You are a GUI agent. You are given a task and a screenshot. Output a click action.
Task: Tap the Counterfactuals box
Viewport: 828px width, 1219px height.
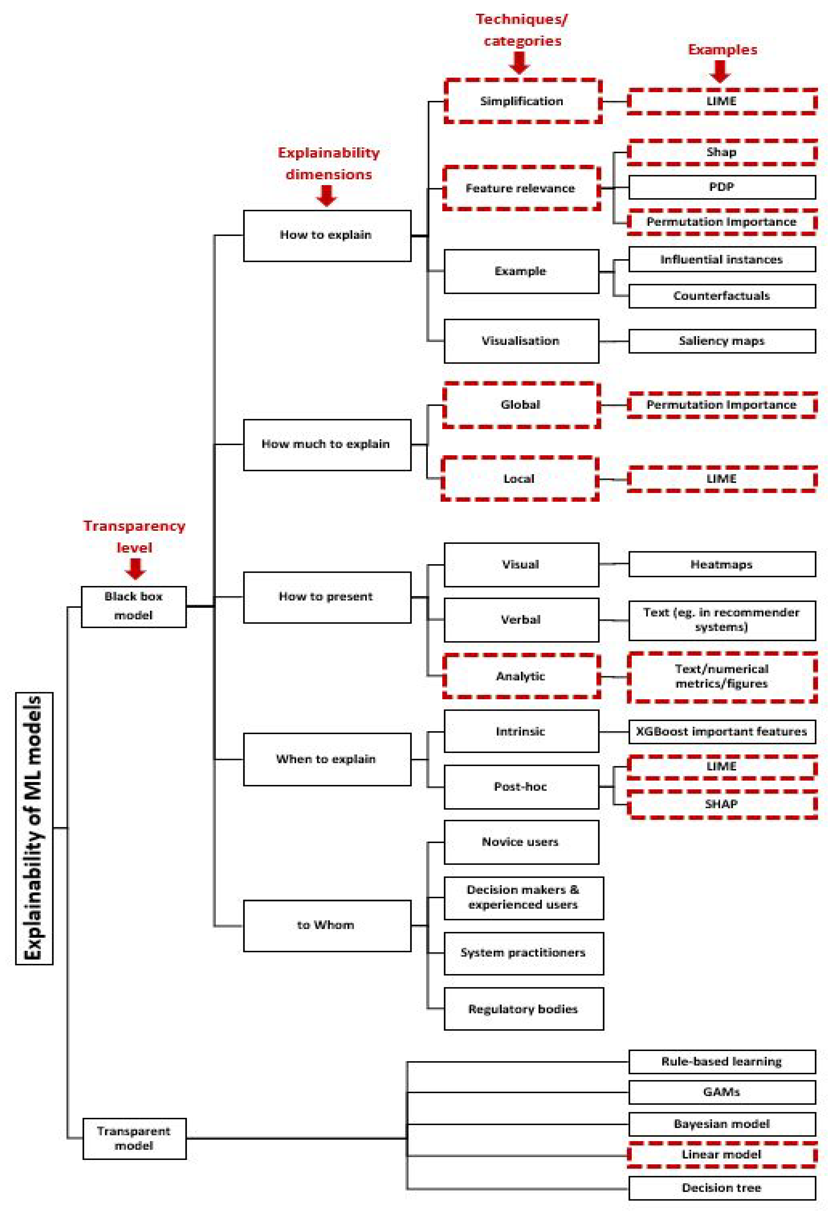[722, 296]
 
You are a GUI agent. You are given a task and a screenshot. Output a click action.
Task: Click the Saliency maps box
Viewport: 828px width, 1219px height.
[722, 341]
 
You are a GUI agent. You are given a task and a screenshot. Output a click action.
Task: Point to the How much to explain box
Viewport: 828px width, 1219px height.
[326, 444]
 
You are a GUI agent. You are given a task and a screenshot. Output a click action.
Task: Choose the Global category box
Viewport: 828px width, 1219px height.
[521, 405]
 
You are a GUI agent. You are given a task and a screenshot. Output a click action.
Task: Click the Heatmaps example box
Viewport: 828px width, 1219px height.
[722, 564]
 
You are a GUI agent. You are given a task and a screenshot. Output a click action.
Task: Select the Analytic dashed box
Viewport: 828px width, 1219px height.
[521, 676]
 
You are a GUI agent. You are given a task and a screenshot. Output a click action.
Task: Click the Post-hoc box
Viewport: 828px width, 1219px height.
[521, 786]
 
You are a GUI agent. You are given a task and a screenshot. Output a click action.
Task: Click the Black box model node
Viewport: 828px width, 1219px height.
[134, 606]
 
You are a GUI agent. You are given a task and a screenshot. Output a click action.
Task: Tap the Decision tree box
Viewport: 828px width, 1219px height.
[722, 1188]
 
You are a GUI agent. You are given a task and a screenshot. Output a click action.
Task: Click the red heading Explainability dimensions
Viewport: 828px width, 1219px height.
[329, 163]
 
